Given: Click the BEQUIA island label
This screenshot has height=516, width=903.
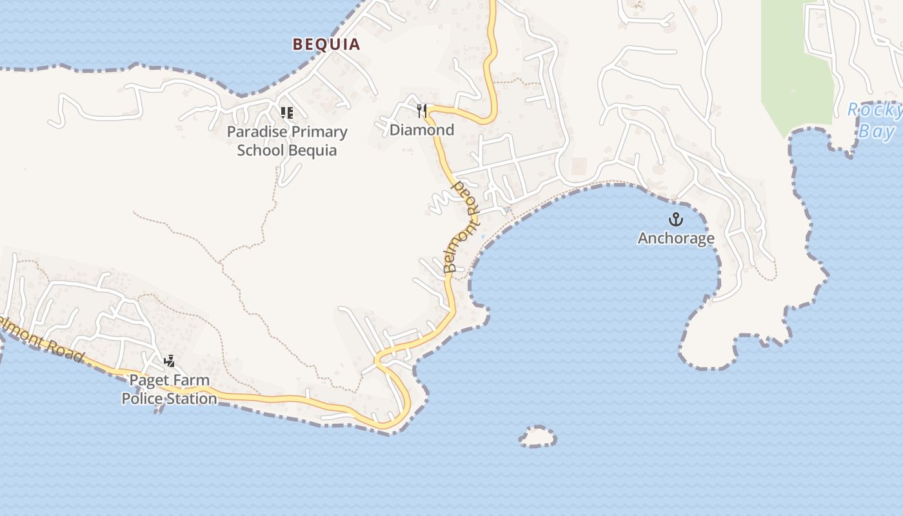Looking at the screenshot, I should (x=326, y=45).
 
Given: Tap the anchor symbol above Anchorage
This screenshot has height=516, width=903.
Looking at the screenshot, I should (x=675, y=219).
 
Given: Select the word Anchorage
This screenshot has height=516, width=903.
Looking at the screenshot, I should (x=676, y=239).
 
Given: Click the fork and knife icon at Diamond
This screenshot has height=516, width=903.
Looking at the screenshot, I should (x=422, y=111).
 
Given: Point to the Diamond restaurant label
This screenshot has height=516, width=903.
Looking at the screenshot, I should (x=422, y=130).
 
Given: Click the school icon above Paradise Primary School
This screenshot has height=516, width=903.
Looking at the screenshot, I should (x=287, y=113).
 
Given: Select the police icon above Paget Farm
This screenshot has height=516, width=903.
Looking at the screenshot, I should (x=169, y=361).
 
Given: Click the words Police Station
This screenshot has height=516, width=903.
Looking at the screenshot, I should (x=169, y=399).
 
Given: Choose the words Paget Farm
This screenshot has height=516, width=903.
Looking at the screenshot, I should (x=170, y=381).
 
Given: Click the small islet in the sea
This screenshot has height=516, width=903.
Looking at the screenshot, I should (x=537, y=437).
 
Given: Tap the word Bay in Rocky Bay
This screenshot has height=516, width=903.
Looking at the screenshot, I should (x=877, y=132).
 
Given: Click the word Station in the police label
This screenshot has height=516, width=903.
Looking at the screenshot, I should (x=192, y=399).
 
